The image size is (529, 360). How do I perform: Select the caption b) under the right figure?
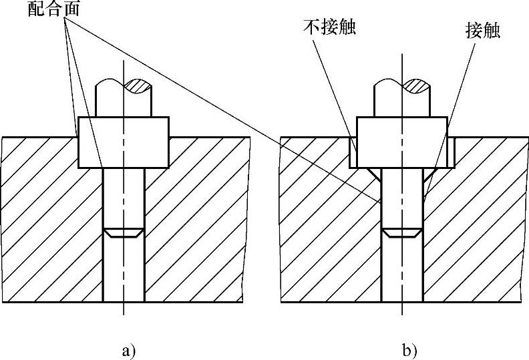pos(409,349)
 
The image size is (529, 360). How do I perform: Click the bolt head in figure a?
pos(124,142)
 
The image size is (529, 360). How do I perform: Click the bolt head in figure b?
pos(401,142)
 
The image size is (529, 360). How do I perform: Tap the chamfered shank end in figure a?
pos(124,234)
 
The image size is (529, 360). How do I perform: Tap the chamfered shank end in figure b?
pos(401,234)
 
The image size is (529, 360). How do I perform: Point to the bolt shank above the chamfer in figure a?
pos(124,197)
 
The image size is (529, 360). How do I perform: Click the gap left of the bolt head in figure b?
pos(353,151)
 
